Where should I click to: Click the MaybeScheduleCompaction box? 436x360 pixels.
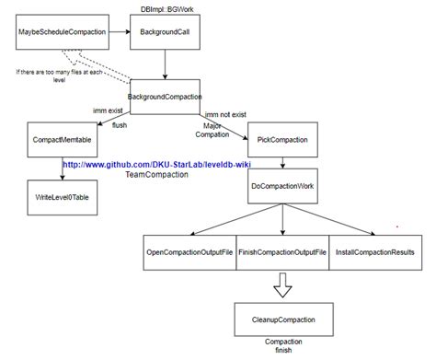[x=60, y=32]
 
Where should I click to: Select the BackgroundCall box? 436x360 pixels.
[x=166, y=32]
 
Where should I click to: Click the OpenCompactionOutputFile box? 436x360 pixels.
[x=189, y=251]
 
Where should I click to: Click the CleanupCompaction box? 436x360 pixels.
[x=283, y=319]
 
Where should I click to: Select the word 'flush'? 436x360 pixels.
[x=120, y=125]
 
